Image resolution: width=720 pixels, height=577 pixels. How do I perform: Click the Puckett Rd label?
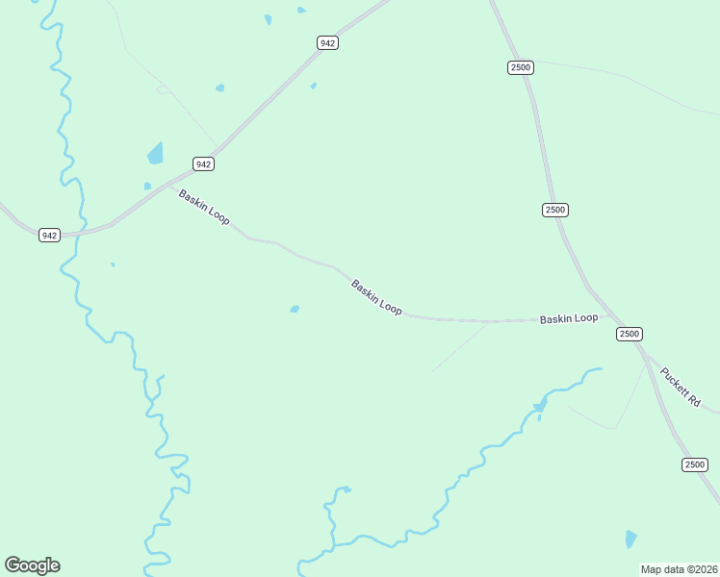(x=681, y=384)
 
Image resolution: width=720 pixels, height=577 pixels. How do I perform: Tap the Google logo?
(x=32, y=565)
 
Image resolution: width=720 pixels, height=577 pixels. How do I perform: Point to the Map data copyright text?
(x=679, y=569)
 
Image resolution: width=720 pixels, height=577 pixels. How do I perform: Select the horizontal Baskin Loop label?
(x=568, y=318)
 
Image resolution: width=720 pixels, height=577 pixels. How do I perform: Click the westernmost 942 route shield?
(x=50, y=236)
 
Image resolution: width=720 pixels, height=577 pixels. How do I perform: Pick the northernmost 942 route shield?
(x=328, y=43)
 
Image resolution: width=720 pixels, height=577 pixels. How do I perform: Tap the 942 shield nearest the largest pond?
(x=203, y=164)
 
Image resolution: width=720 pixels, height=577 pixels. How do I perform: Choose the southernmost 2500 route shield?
(x=695, y=464)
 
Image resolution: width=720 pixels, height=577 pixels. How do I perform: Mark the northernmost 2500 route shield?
(x=520, y=66)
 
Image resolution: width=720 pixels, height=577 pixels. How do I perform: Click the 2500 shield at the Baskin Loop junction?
(x=629, y=334)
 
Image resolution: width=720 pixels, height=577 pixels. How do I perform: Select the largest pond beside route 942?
(x=155, y=152)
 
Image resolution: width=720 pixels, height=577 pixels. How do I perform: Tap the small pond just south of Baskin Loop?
(x=295, y=309)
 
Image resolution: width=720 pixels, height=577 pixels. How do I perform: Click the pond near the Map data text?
(x=630, y=539)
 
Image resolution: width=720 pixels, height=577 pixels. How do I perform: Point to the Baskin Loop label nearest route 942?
(x=204, y=207)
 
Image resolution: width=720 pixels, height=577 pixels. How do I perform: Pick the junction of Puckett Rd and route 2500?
(x=648, y=358)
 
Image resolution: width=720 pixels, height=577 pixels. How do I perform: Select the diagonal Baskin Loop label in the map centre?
(x=376, y=297)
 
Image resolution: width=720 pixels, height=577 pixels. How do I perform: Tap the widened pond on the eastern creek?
(x=540, y=405)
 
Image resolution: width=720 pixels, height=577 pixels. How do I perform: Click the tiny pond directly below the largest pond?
(x=147, y=186)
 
